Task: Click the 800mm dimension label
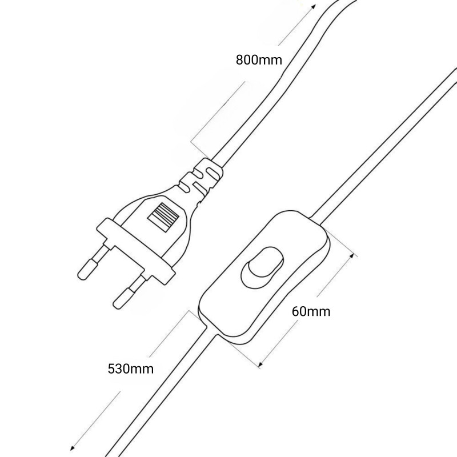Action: coord(259,60)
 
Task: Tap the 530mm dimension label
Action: coord(131,368)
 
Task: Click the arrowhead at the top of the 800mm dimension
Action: coord(312,7)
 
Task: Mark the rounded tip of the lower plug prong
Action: coord(118,300)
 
